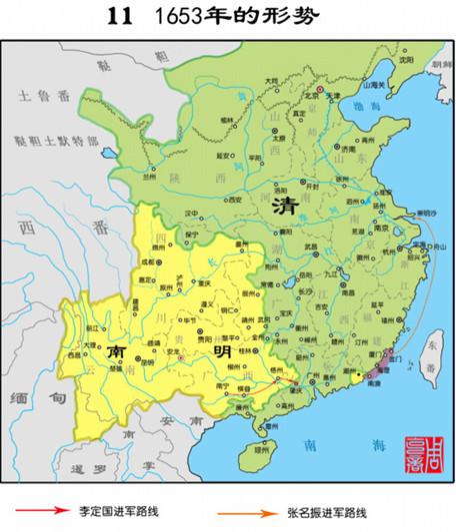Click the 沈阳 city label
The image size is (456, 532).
[x=403, y=60]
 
